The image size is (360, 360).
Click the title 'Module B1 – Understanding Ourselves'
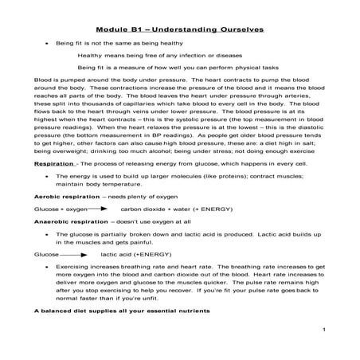point(179,29)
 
